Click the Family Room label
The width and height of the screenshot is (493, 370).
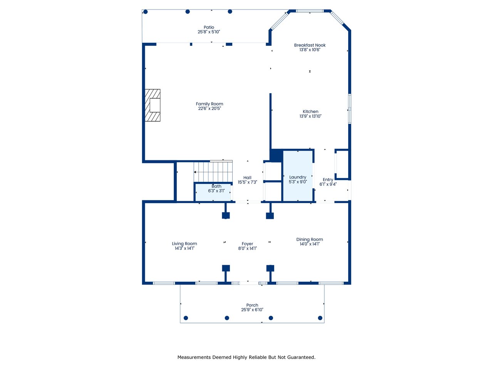click(x=209, y=104)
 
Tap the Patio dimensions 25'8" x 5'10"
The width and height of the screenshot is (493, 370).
click(x=209, y=32)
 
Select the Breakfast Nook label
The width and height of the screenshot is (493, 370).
click(x=310, y=45)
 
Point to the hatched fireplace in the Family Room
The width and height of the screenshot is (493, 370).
click(x=153, y=105)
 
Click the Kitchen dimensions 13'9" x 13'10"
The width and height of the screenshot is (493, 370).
click(x=310, y=116)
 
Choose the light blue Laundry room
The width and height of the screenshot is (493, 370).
click(x=298, y=176)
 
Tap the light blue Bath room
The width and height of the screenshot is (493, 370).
click(x=213, y=192)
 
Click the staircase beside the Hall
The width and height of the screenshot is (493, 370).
click(x=213, y=172)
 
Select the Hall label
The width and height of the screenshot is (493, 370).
click(x=247, y=178)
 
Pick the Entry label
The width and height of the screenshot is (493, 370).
click(x=328, y=180)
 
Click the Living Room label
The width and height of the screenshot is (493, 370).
click(x=184, y=244)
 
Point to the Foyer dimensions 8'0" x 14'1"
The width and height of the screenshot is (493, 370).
click(x=247, y=249)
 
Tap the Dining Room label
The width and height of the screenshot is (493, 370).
click(x=310, y=239)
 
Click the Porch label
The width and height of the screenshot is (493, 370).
click(x=252, y=305)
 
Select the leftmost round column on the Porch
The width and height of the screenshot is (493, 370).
click(x=186, y=318)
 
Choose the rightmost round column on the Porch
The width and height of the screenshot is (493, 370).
click(x=320, y=318)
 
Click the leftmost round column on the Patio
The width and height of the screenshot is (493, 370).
click(x=145, y=12)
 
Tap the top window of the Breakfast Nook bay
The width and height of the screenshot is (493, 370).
click(x=310, y=11)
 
